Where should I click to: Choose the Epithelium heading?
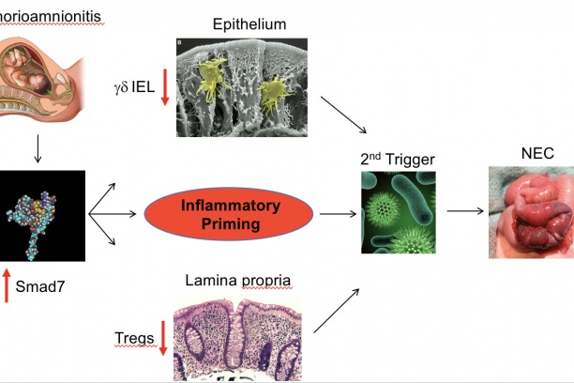249,23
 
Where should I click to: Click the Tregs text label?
132,338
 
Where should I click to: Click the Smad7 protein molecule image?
38,215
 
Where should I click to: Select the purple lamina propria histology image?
243,327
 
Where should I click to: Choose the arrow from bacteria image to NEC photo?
464,211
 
